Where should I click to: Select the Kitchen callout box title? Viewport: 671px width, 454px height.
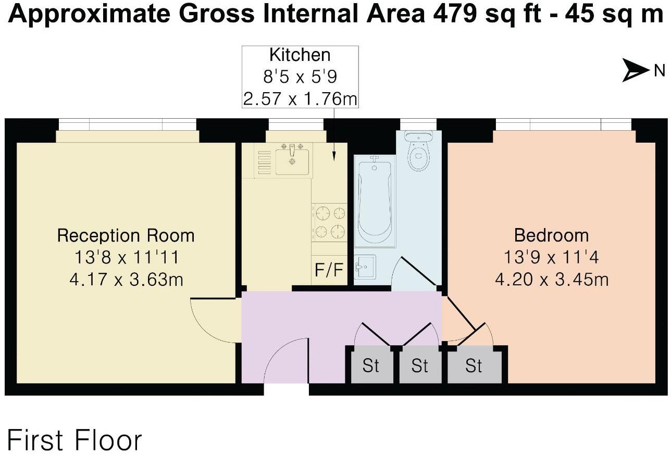pos(300,55)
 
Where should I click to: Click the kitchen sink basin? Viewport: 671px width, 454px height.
pos(292,161)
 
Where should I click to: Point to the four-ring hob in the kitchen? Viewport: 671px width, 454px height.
pos(329,221)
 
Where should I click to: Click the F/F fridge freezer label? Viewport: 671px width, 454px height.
pos(329,270)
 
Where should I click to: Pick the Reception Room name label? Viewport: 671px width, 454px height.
pos(126,235)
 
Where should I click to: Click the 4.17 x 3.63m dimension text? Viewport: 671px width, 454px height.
pos(126,280)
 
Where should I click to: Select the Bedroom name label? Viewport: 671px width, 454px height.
pos(551,235)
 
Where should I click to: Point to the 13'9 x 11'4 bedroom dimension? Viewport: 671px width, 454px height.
pos(551,257)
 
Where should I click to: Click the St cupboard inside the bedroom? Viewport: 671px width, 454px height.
pos(474,366)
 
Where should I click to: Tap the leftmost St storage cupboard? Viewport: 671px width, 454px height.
pos(370,366)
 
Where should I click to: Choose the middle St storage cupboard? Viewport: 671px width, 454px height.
pos(419,366)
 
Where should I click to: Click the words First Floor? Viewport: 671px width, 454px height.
pos(74,440)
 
